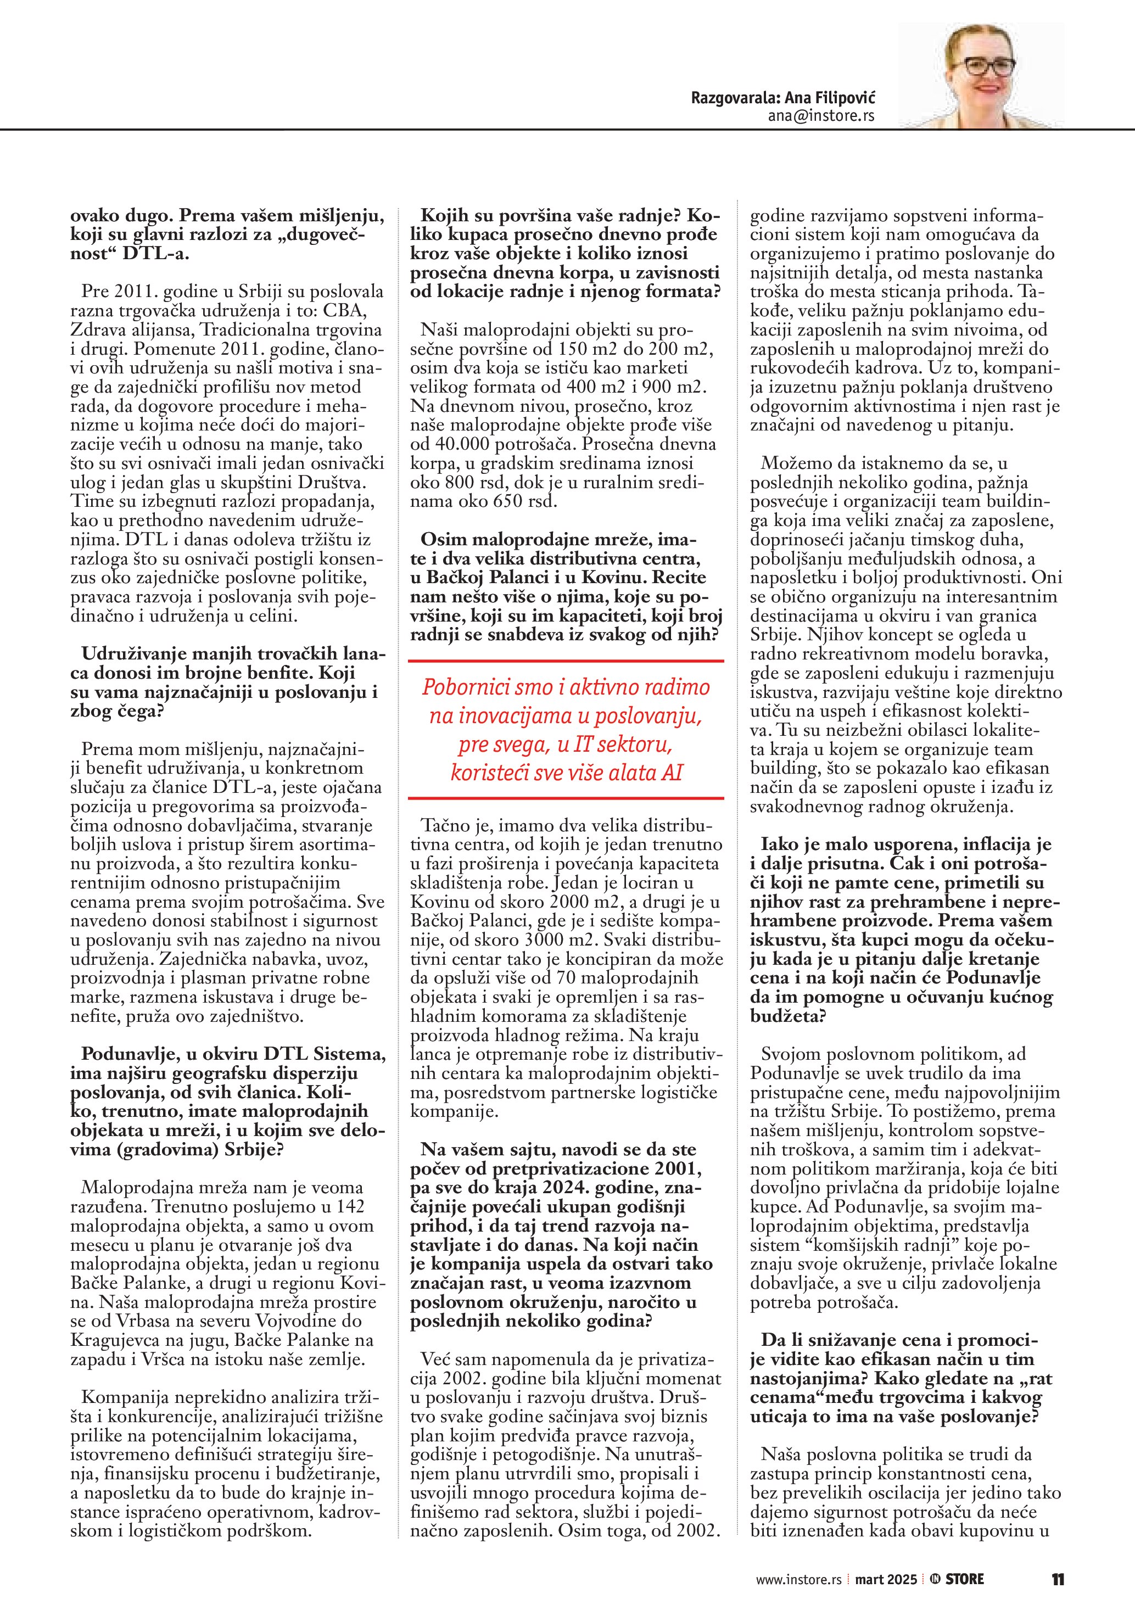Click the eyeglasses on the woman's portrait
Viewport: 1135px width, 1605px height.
point(981,66)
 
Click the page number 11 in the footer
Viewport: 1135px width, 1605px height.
point(1058,1579)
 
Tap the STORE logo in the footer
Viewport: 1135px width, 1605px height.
point(958,1579)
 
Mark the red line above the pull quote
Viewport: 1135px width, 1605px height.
point(566,661)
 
